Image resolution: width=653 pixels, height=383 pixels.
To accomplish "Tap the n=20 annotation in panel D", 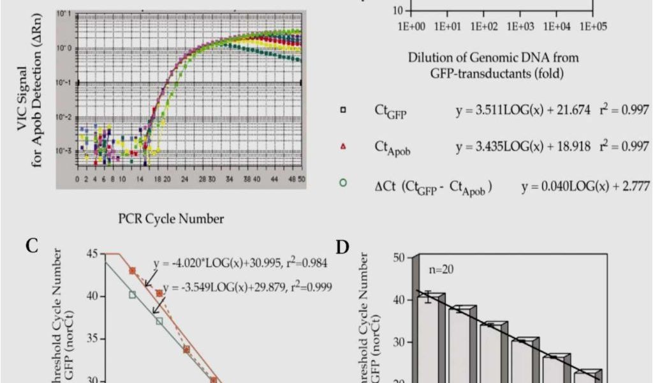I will coord(441,268).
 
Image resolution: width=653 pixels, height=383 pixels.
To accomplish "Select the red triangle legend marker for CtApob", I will coord(344,146).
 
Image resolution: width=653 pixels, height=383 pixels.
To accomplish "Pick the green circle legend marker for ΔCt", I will coord(344,182).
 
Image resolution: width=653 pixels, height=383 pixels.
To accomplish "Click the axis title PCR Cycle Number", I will coord(171,220).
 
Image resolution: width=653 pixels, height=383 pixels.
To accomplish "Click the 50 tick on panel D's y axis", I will coord(399,257).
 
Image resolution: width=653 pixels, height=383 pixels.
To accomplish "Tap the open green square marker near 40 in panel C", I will coord(133,295).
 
